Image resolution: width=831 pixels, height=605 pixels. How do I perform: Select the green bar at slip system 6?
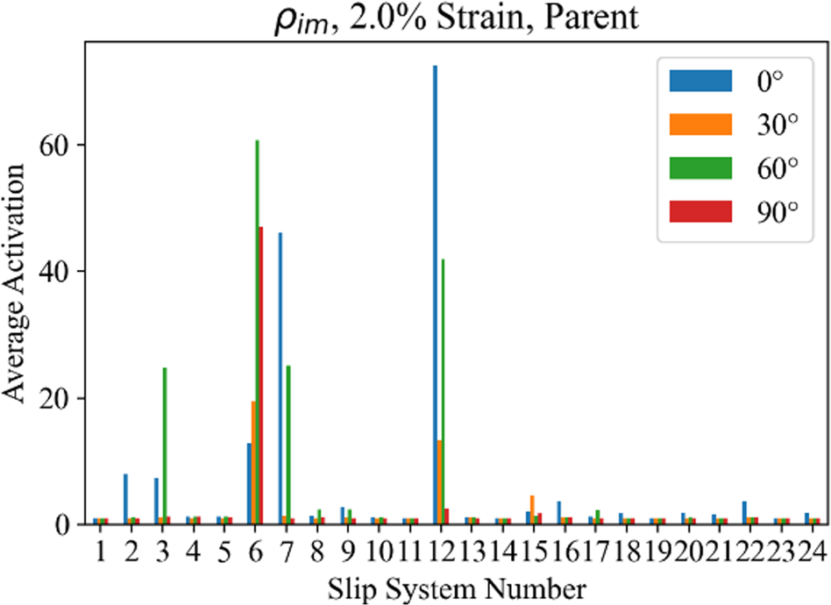[x=257, y=332]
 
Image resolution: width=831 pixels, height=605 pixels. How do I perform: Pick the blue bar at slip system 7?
[x=281, y=378]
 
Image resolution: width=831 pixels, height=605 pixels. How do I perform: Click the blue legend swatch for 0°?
[x=700, y=81]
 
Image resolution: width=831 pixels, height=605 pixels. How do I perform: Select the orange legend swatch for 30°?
[x=700, y=124]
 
